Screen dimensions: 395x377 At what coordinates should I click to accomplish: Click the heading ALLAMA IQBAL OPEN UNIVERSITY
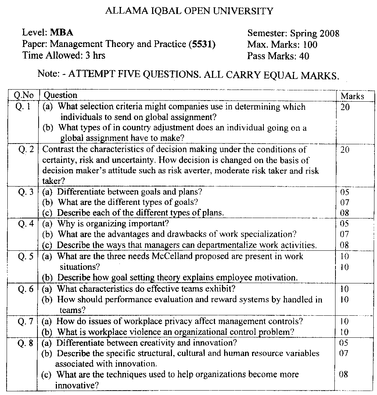pyautogui.click(x=189, y=11)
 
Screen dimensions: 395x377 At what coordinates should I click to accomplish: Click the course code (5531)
pyautogui.click(x=202, y=44)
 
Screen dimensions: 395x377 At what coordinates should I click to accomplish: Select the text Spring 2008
pyautogui.click(x=315, y=34)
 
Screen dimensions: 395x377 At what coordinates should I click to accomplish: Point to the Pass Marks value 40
pyautogui.click(x=304, y=56)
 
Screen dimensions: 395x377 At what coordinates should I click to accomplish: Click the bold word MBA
pyautogui.click(x=62, y=33)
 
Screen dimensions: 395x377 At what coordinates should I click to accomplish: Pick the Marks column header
pyautogui.click(x=352, y=96)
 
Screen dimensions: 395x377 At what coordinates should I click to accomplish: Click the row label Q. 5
pyautogui.click(x=25, y=256)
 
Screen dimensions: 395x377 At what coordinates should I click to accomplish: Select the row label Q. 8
pyautogui.click(x=25, y=343)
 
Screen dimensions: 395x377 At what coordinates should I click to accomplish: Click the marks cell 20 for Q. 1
pyautogui.click(x=345, y=107)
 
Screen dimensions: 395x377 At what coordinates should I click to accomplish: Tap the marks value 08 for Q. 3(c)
pyautogui.click(x=345, y=213)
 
